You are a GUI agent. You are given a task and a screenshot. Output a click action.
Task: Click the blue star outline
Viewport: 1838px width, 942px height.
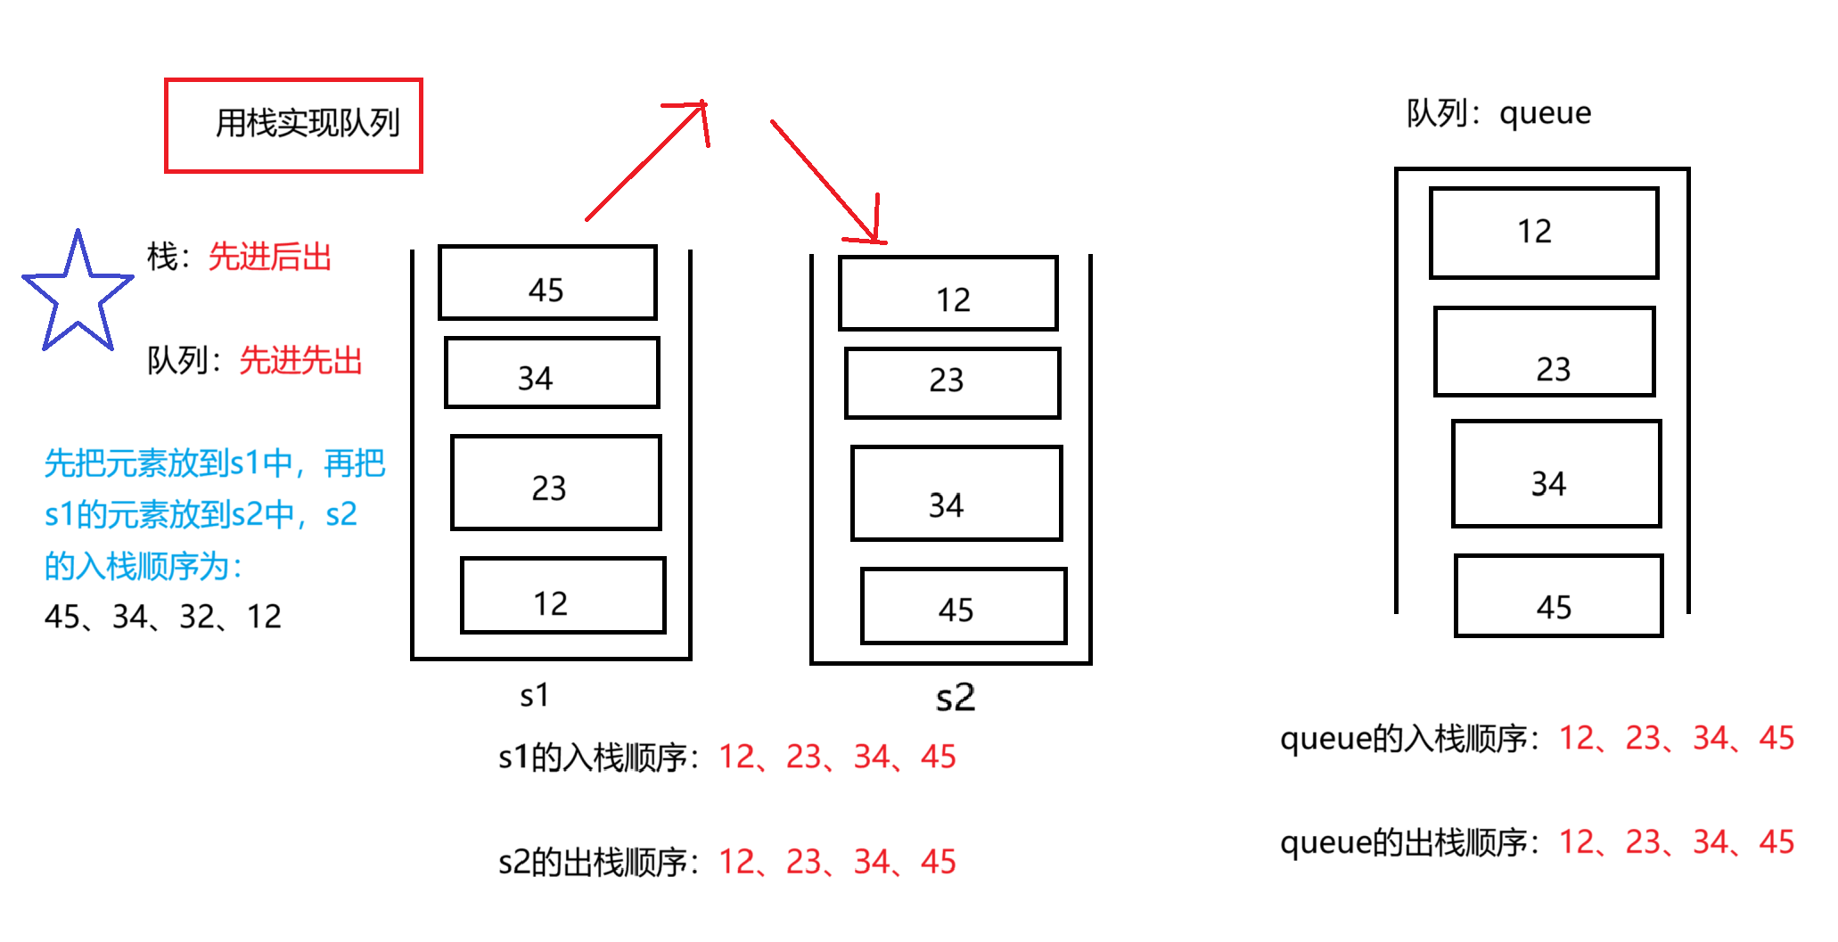(x=78, y=294)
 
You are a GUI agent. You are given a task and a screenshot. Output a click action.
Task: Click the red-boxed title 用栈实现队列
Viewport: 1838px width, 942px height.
(x=293, y=125)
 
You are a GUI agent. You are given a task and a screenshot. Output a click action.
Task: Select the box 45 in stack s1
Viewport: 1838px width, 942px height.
(x=547, y=283)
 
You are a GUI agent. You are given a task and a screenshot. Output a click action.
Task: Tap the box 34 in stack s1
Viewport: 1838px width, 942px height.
(x=552, y=373)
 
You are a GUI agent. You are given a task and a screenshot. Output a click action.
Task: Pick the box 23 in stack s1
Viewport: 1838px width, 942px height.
(x=556, y=482)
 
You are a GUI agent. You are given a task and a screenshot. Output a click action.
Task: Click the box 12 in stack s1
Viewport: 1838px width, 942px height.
(x=562, y=595)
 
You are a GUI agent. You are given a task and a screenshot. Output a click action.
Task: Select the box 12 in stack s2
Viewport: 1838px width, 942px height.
(x=948, y=293)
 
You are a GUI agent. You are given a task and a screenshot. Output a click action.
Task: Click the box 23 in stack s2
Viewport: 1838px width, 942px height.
(x=952, y=382)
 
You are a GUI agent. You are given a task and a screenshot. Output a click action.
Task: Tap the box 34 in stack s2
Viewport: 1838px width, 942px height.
(x=956, y=493)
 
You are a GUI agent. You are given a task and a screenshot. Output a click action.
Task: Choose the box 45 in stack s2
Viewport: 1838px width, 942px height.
(x=963, y=605)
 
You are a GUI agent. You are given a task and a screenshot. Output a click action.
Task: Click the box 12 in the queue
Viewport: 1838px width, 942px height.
(x=1543, y=233)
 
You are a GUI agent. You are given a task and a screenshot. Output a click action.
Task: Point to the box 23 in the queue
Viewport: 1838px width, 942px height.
(x=1544, y=351)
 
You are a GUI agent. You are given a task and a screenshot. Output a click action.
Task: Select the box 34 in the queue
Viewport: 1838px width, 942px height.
(x=1555, y=473)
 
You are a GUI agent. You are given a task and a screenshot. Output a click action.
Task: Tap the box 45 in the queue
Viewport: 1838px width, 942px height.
(x=1558, y=595)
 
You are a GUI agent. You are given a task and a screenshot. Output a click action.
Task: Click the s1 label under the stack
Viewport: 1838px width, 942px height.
(x=534, y=695)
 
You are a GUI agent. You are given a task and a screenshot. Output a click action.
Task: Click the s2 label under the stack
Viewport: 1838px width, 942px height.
(x=955, y=697)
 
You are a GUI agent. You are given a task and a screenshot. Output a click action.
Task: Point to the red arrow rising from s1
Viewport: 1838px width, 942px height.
(x=647, y=160)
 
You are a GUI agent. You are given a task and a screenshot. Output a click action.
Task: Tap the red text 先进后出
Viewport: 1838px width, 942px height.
(x=269, y=257)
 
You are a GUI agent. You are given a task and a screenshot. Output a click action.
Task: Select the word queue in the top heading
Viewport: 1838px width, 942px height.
(x=1545, y=114)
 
